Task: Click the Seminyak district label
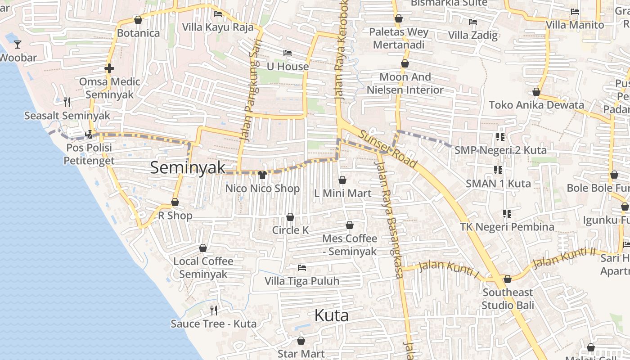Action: point(187,168)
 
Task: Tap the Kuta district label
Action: point(331,315)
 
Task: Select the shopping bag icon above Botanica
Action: point(138,20)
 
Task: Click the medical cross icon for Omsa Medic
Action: point(109,68)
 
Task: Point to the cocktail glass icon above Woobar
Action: point(18,44)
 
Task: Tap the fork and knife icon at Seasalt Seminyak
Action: point(67,102)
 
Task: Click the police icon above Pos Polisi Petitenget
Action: point(89,134)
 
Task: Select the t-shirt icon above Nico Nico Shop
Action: point(262,175)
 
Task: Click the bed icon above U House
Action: point(288,53)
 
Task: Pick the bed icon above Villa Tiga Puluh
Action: point(302,268)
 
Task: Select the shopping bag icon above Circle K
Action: point(290,217)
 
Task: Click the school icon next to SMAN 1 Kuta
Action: point(498,170)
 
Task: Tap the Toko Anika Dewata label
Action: point(536,105)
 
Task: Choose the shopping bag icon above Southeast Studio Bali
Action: point(508,279)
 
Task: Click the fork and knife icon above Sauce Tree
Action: point(214,310)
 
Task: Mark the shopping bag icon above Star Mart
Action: point(301,341)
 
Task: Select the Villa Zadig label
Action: point(472,35)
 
